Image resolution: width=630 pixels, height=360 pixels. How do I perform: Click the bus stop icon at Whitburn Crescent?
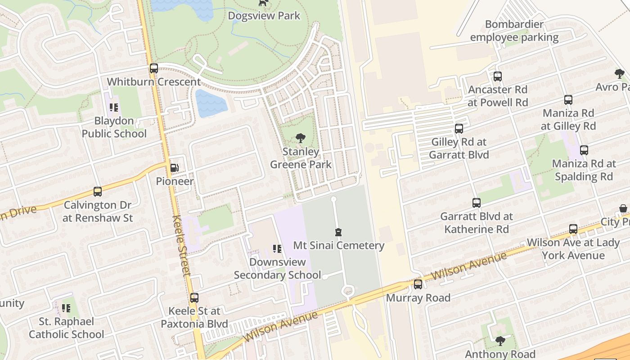154,68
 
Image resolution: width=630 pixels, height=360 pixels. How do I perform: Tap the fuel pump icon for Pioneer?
174,168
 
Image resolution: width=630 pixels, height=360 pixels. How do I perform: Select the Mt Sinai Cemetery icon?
338,232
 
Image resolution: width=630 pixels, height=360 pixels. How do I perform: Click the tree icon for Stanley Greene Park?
300,138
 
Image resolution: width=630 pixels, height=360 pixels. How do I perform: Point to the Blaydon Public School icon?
113,108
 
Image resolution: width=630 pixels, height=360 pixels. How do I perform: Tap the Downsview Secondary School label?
277,268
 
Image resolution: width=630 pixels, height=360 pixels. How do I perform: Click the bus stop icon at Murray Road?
418,284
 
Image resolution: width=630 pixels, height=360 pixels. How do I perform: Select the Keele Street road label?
182,245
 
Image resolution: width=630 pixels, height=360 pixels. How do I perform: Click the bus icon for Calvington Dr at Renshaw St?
98,192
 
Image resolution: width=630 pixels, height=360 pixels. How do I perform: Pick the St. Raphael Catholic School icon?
66,308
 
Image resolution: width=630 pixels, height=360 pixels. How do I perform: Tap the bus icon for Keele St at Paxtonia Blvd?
194,297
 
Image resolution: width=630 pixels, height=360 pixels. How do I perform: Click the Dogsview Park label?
264,16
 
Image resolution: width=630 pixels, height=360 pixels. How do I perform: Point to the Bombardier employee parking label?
514,31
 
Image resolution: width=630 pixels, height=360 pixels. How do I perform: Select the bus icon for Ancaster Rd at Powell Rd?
497,76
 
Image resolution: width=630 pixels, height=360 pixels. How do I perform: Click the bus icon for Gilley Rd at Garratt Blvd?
459,129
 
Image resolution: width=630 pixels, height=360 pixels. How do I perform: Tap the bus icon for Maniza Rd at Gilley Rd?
568,100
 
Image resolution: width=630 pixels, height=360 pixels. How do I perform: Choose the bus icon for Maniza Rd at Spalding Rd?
584,150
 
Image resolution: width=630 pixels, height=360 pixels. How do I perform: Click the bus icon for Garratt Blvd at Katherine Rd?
477,203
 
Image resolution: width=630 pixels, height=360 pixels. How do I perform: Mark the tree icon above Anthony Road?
500,341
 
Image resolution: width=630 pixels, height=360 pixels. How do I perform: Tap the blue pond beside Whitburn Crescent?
211,103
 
